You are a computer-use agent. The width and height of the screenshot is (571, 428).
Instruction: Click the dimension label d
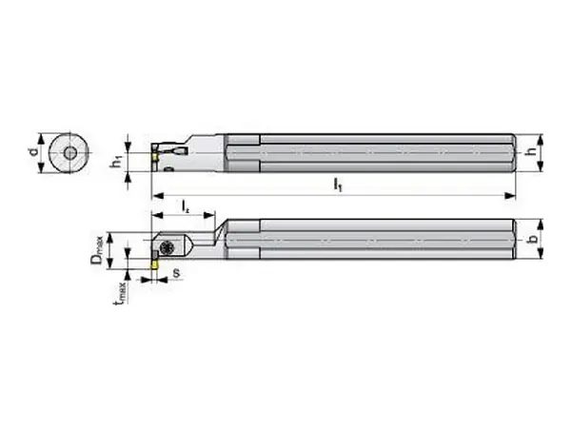[34, 151]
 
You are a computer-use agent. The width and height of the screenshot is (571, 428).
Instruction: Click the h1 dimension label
[117, 162]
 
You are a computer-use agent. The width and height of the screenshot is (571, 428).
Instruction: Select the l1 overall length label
[338, 185]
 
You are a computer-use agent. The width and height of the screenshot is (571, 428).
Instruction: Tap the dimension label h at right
[532, 151]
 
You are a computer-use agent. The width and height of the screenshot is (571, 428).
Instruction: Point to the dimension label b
[532, 239]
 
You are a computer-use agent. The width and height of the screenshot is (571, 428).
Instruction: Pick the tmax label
[121, 293]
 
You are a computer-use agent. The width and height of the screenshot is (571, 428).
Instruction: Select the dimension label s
[176, 273]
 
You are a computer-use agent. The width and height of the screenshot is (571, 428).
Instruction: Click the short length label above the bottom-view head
[186, 206]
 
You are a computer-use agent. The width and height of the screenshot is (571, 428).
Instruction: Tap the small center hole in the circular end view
[69, 153]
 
